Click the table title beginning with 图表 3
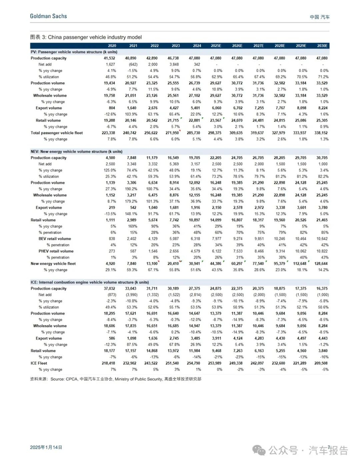tap(86, 38)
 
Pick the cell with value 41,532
tap(109, 58)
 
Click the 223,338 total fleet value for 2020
tap(107, 132)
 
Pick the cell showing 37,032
tap(109, 289)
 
